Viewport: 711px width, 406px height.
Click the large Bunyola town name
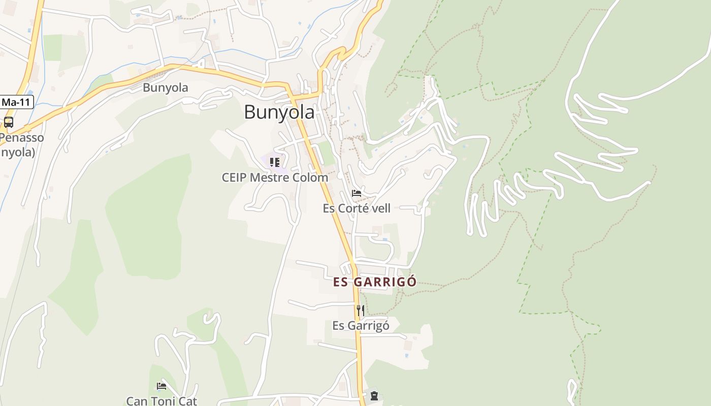(x=279, y=112)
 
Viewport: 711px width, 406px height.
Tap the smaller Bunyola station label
(x=165, y=87)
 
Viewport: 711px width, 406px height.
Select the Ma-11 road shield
(x=16, y=102)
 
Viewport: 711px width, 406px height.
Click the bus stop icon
(x=9, y=122)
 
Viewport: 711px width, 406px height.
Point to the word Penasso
(x=22, y=138)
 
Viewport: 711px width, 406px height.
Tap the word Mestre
(x=275, y=178)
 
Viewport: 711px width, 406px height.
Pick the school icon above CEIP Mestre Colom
(x=274, y=162)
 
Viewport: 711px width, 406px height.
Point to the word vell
(x=381, y=208)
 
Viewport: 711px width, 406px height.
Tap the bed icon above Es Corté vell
(x=357, y=193)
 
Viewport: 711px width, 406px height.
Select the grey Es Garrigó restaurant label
(x=361, y=325)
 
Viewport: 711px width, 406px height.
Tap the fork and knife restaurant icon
(x=360, y=310)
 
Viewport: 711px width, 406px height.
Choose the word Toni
(x=163, y=401)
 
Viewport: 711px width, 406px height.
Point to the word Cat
(x=188, y=401)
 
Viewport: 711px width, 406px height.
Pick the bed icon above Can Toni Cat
(x=161, y=386)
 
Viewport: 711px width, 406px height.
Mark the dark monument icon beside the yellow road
(x=374, y=395)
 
